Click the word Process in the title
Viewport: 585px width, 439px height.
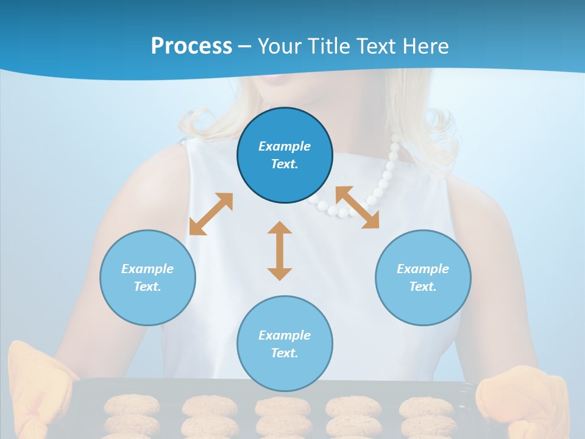191,46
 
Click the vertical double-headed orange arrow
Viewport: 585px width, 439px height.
280,251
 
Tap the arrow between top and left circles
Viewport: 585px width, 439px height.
211,214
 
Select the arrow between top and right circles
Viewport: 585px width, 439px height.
357,207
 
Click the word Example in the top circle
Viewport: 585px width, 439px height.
285,146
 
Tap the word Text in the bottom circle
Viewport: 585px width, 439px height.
283,353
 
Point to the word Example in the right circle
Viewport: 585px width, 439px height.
423,269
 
